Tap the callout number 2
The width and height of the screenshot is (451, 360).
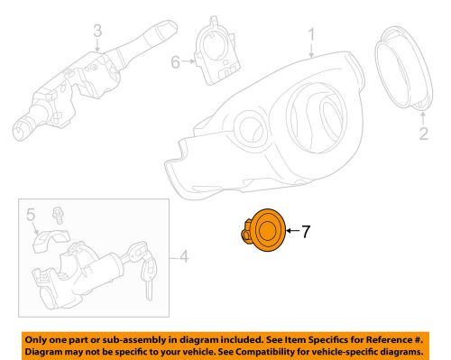click(421, 136)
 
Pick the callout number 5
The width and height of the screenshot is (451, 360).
click(30, 216)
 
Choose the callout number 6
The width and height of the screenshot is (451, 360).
click(176, 61)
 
